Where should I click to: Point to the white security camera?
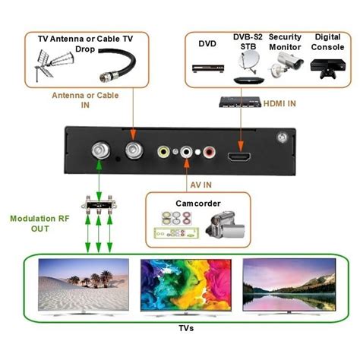[x=283, y=67]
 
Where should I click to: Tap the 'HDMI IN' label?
[x=280, y=100]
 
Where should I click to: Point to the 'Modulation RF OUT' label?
[x=39, y=225]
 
